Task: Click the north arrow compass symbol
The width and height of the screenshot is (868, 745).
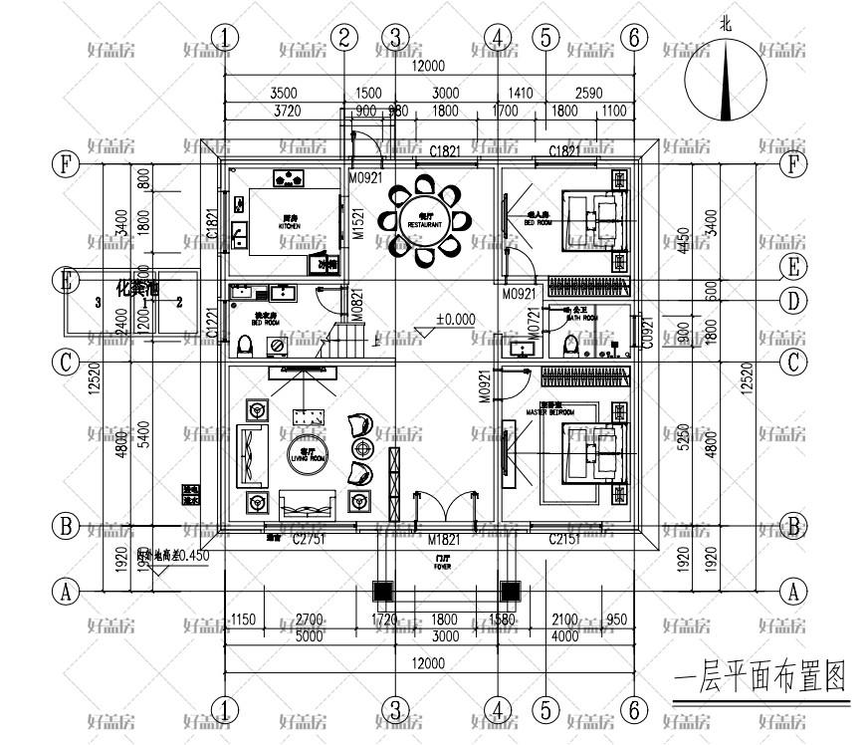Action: click(726, 80)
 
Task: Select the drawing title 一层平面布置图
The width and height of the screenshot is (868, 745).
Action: click(759, 680)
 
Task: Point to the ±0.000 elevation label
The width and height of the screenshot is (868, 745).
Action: click(455, 321)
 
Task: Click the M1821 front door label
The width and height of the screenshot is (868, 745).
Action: click(443, 539)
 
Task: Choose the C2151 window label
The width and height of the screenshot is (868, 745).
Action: click(564, 539)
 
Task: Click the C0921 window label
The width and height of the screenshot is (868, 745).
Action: click(646, 331)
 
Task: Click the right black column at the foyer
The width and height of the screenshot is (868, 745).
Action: click(510, 591)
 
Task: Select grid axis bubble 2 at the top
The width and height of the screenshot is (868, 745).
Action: click(343, 38)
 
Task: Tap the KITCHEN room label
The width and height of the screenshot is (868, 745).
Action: click(290, 226)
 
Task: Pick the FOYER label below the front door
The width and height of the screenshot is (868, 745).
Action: click(443, 566)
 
